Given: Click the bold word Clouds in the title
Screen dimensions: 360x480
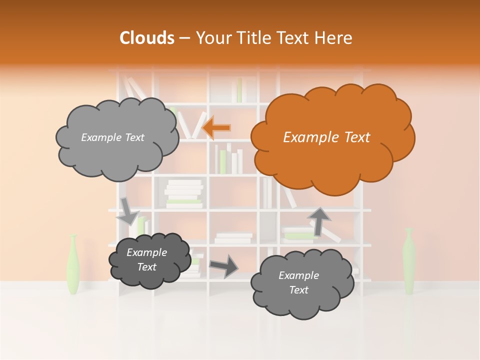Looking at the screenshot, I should [x=147, y=37].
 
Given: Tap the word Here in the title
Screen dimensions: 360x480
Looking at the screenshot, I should [x=333, y=37].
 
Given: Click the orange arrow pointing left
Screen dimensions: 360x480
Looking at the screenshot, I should [x=217, y=127].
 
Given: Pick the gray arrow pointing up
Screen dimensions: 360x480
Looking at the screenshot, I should [x=319, y=220].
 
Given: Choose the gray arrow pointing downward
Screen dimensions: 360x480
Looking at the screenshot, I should [x=127, y=212].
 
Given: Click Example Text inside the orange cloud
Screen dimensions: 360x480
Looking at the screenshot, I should [x=326, y=137].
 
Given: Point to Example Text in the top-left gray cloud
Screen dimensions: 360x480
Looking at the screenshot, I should [x=112, y=137].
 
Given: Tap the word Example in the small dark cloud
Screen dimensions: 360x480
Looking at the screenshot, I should [x=146, y=252].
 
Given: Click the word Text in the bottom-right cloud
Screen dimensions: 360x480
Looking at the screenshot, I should [x=298, y=290].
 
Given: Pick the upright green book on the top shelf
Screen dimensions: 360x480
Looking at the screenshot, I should [x=239, y=90].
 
